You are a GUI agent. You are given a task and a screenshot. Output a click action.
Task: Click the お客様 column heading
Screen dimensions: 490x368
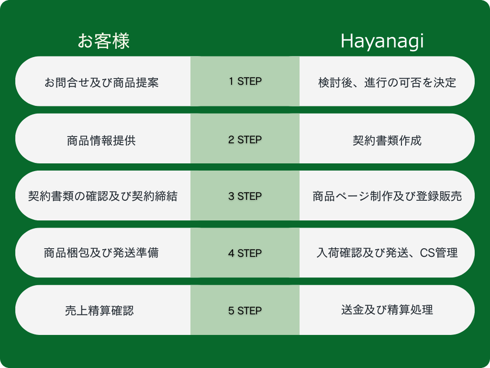pos(103,41)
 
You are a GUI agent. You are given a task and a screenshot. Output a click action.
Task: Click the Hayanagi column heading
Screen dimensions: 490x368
pos(382,41)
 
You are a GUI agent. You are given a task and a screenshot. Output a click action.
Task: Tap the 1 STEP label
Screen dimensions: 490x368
pos(245,81)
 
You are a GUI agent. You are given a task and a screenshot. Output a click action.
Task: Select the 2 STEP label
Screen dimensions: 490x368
pos(245,139)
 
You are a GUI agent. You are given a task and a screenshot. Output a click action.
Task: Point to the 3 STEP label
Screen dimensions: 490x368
pos(245,196)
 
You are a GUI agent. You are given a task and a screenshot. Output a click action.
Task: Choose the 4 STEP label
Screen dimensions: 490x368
pos(245,253)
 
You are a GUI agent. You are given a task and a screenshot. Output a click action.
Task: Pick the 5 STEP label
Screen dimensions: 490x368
pos(245,310)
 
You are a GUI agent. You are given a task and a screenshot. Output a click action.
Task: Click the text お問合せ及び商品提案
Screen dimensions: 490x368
pos(101,82)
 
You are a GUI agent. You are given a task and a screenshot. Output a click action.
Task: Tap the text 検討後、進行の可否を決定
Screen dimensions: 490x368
pos(387,82)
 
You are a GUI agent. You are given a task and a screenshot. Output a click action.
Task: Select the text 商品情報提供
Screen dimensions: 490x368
pos(101,140)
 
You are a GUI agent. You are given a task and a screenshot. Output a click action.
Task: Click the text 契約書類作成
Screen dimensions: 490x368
pos(387,140)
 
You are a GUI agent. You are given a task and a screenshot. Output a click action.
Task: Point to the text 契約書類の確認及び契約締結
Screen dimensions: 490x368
pos(103,196)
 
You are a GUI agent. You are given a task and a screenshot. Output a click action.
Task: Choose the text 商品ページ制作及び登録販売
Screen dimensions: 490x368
pos(387,196)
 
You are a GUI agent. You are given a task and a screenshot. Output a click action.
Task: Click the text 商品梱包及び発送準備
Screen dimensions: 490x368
pos(101,253)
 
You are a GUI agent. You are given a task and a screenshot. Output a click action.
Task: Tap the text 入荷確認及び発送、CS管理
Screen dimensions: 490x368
pos(387,253)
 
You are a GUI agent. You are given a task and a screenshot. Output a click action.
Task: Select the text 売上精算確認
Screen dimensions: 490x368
pos(100,310)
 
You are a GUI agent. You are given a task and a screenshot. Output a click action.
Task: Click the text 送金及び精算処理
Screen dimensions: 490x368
pos(387,310)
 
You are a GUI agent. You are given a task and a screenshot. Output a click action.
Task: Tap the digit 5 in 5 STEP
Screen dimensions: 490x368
pos(231,310)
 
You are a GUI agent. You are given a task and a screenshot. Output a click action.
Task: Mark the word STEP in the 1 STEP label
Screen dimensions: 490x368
pos(250,81)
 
